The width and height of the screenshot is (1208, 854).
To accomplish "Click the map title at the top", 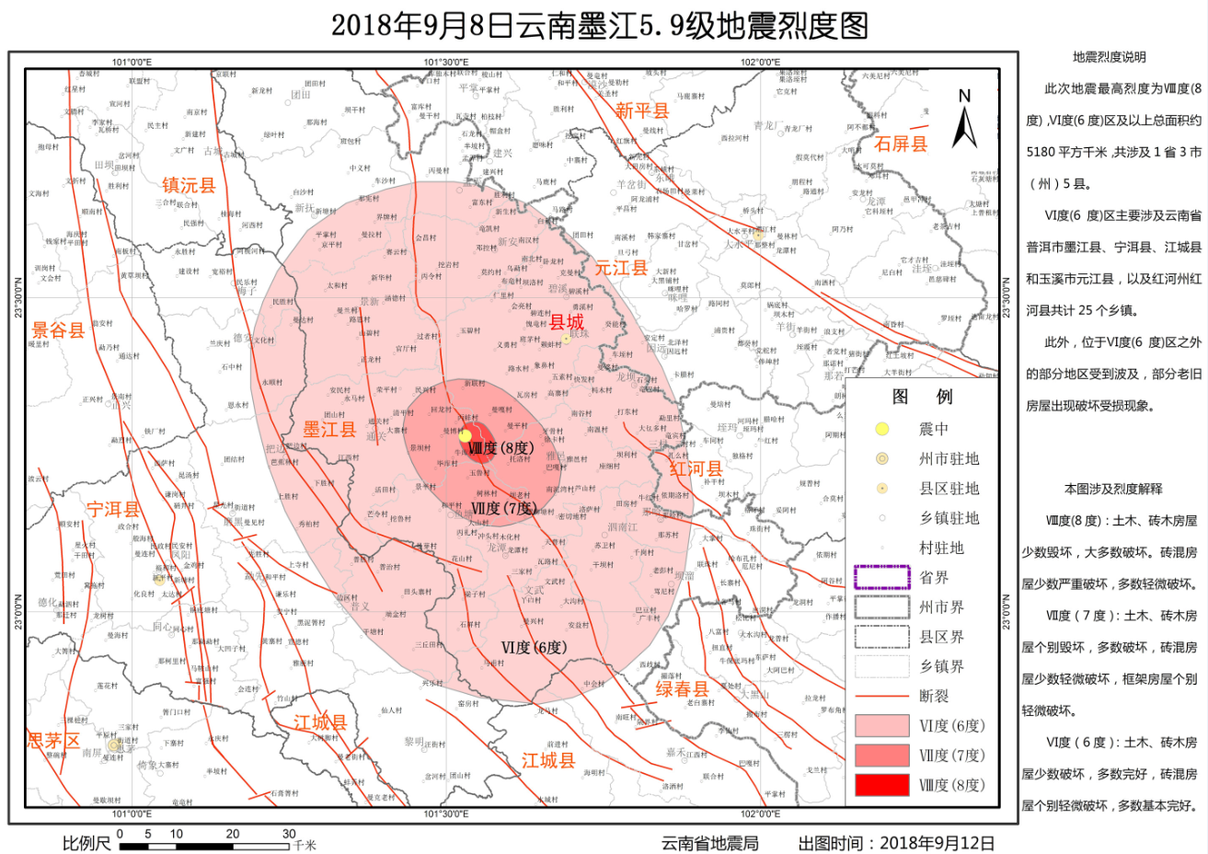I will (600, 25).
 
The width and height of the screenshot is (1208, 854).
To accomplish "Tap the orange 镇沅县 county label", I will (189, 185).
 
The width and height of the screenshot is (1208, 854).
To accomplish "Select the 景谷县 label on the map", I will (58, 330).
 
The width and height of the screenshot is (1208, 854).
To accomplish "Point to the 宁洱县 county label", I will (113, 509).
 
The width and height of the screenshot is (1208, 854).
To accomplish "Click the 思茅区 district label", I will (53, 741).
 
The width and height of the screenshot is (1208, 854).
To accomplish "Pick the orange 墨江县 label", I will (329, 429).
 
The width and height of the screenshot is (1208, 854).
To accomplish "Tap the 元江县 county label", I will (621, 268).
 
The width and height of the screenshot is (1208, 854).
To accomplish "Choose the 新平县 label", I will (642, 110).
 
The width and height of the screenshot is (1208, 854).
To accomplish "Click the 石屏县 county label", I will (901, 144).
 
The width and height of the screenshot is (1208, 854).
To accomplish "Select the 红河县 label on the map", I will (696, 467).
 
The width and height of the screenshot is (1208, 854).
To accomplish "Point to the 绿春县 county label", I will (682, 689).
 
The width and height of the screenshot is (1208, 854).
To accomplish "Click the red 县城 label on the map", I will (567, 322).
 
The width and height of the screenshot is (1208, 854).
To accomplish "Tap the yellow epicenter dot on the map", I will (466, 435).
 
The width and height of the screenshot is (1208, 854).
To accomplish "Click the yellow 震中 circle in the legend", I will (882, 429).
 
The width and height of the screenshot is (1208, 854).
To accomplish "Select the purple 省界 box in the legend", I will (882, 578).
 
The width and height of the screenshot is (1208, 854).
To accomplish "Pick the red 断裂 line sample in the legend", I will (882, 697).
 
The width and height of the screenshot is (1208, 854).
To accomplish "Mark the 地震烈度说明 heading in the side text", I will (1109, 57).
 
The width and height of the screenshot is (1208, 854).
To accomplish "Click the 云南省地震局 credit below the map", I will (709, 843).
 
